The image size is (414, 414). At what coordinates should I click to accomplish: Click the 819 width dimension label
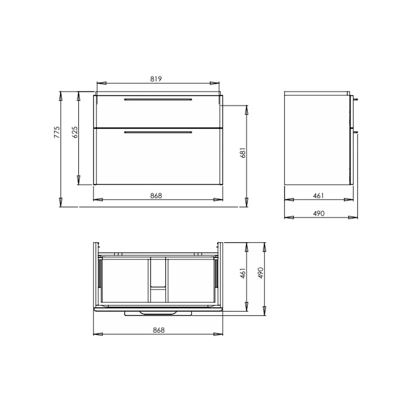pos(156,79)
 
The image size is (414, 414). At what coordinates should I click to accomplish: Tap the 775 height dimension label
pos(57,132)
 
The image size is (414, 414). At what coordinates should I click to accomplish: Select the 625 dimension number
pos(75,132)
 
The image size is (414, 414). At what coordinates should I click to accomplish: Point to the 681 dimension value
pos(243,153)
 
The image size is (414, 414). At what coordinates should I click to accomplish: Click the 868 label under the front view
pos(156,196)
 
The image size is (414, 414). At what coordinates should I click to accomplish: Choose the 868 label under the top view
pos(159,330)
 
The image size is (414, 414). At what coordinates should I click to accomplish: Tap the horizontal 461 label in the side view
pos(318,196)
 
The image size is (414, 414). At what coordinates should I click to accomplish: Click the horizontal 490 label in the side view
pos(319,213)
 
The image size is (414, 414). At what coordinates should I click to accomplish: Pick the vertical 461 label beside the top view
pos(243,273)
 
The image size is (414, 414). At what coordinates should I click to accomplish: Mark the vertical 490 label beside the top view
pos(260,273)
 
